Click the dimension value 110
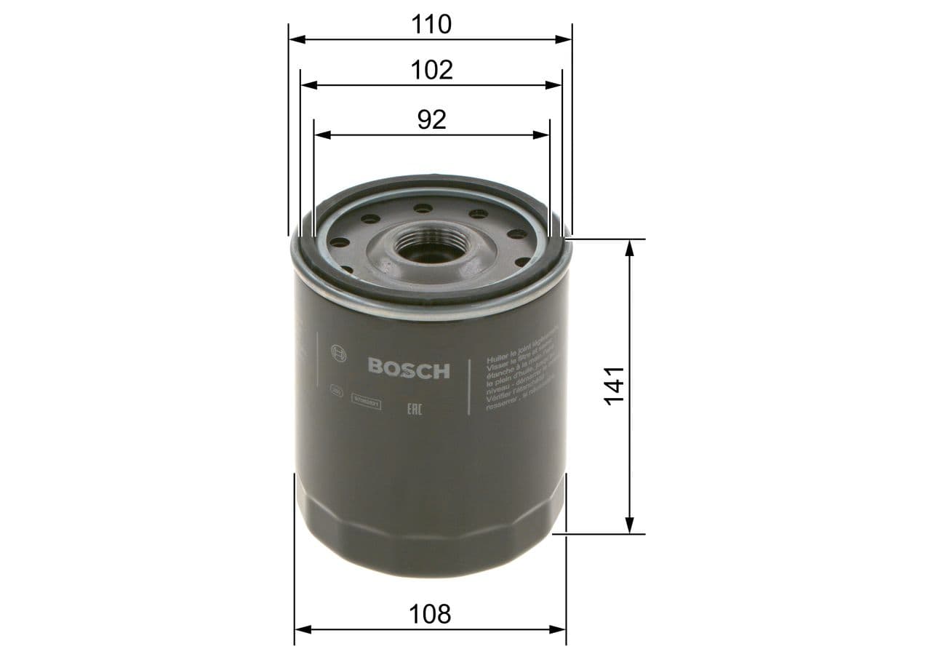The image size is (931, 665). pyautogui.click(x=431, y=24)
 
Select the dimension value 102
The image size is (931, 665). pyautogui.click(x=431, y=70)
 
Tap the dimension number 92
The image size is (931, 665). pyautogui.click(x=431, y=119)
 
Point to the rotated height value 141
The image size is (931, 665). pyautogui.click(x=615, y=385)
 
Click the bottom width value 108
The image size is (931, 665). pyautogui.click(x=431, y=614)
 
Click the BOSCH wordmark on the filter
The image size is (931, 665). pyautogui.click(x=409, y=369)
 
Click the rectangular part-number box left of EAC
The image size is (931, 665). pyautogui.click(x=367, y=400)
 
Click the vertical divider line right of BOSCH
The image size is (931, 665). pyautogui.click(x=469, y=386)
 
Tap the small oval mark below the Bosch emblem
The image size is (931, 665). pyautogui.click(x=336, y=390)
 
